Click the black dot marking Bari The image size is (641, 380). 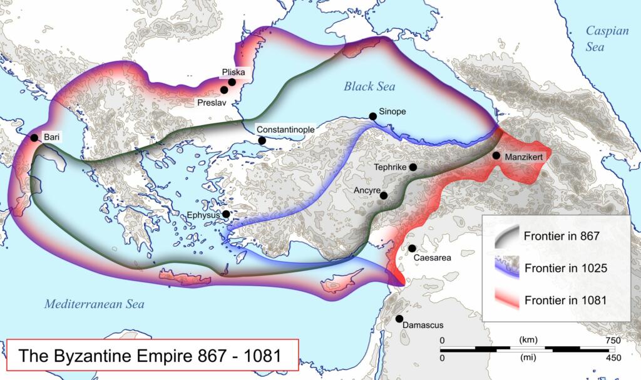click(34, 138)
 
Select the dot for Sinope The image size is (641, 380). click(373, 116)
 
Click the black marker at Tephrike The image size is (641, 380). click(413, 167)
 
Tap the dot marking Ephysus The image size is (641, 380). click(226, 214)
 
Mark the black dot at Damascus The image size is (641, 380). click(399, 319)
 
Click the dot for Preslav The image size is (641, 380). click(224, 90)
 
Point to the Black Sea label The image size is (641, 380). click(369, 87)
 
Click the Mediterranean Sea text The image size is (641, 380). click(94, 304)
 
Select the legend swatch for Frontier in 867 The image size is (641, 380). click(507, 237)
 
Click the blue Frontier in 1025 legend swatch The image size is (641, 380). click(507, 267)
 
